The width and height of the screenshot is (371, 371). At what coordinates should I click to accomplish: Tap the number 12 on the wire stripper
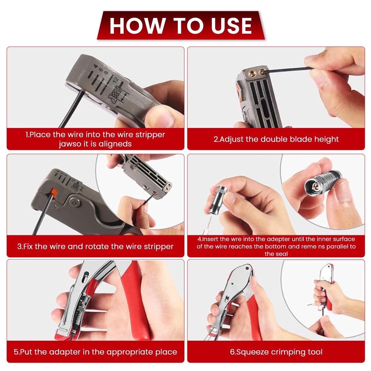(x=116, y=80)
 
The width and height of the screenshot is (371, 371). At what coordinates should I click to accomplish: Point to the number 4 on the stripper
(x=96, y=66)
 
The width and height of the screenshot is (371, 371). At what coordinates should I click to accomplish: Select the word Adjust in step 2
(x=232, y=139)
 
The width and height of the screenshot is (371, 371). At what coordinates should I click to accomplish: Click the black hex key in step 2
(x=287, y=70)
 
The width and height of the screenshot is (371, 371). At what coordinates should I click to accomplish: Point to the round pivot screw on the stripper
(x=74, y=202)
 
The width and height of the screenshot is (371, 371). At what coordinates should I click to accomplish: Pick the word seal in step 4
(x=282, y=254)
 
